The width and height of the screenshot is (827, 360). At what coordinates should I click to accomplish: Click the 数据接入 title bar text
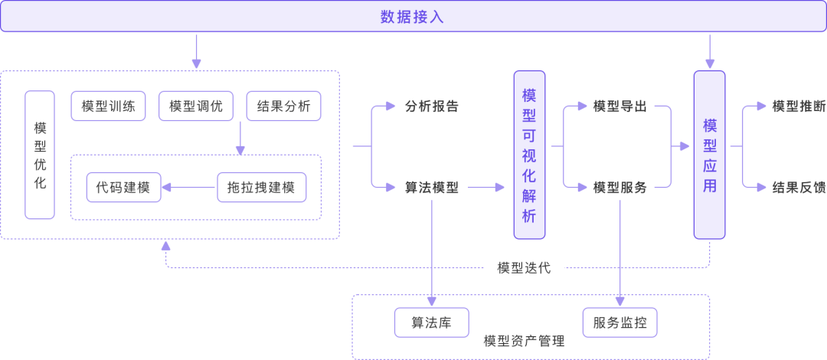(412, 17)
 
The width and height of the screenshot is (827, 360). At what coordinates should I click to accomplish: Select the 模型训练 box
(108, 106)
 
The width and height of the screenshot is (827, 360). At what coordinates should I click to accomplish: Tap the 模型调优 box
(196, 106)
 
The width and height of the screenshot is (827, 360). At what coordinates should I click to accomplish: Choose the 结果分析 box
(283, 106)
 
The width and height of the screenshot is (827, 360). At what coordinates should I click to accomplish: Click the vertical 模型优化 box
(40, 155)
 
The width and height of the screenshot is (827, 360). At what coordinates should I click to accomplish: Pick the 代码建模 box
(123, 187)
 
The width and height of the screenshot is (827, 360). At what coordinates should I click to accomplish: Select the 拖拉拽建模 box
(261, 187)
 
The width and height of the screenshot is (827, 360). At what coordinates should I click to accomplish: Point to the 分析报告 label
(432, 106)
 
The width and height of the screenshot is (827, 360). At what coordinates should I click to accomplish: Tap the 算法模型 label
(432, 187)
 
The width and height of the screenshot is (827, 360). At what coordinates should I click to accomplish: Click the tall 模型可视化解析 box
(529, 155)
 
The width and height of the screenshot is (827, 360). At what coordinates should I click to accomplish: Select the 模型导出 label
(619, 106)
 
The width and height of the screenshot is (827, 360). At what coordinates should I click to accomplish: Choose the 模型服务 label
(619, 187)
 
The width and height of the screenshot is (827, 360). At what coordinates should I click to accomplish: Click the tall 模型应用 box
(709, 155)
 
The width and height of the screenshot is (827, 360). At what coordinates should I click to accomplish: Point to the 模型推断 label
(799, 106)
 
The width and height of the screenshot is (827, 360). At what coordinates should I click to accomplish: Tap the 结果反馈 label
(799, 187)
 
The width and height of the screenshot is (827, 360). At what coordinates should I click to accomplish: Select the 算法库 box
(432, 322)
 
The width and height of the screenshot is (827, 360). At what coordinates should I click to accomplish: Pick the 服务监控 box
(619, 322)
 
